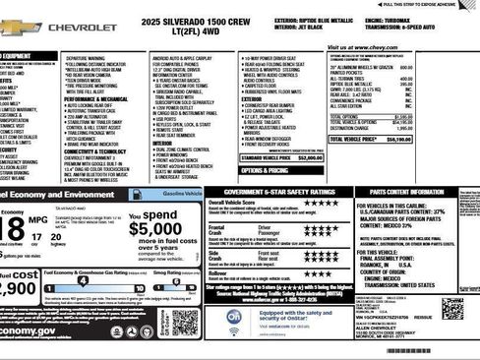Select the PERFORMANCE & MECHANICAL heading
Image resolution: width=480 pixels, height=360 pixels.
click(97, 99)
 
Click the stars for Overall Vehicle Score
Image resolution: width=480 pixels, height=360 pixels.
click(322, 204)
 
